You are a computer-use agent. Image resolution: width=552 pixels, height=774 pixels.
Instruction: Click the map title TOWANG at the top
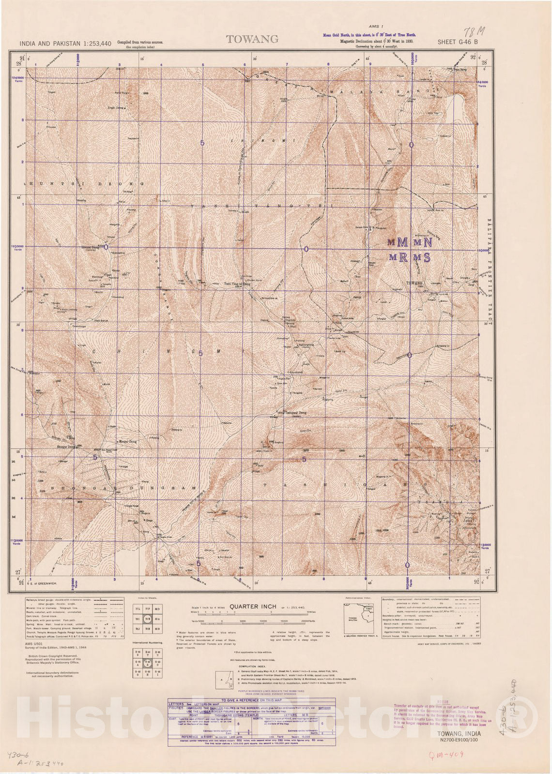pyautogui.click(x=252, y=40)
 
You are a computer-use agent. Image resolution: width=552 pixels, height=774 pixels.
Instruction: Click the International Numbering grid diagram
pyautogui.click(x=148, y=663)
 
